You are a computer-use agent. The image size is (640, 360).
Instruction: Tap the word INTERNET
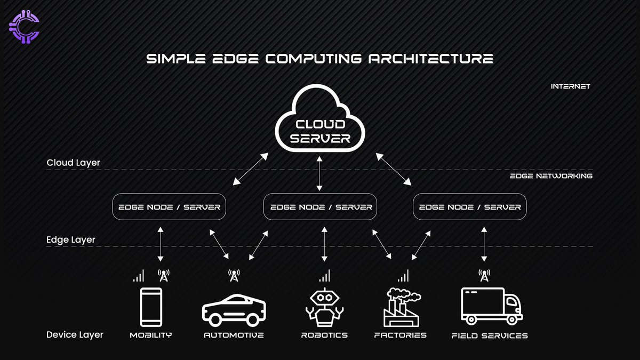570,86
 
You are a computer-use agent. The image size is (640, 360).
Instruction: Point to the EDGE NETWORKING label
551,175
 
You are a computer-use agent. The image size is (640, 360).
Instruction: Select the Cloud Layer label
73,163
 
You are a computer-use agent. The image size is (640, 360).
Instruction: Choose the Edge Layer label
71,239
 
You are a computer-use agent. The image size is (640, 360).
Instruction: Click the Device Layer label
75,335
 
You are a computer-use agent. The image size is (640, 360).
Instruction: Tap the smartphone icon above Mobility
151,307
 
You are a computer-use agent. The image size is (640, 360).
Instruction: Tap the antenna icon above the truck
484,275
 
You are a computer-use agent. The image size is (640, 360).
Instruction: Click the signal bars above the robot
324,276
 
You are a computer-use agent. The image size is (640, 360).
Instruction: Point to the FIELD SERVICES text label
490,335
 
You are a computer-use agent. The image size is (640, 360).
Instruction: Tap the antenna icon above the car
234,275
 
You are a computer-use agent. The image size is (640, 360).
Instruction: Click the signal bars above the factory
403,276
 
